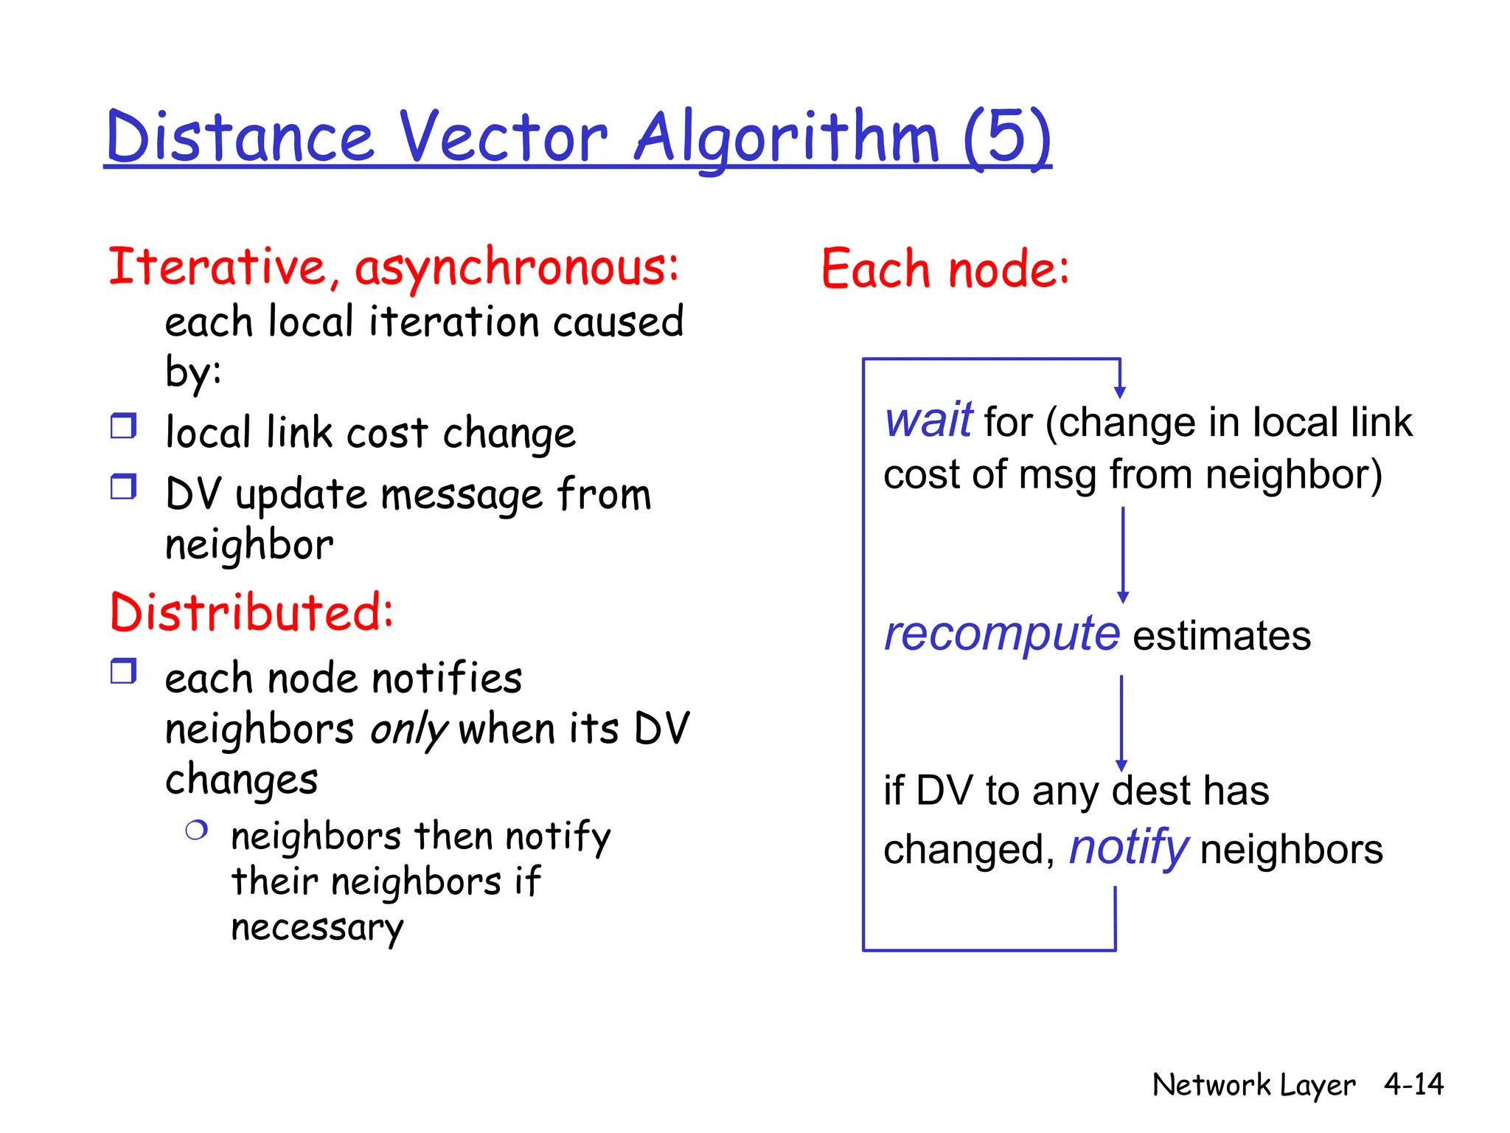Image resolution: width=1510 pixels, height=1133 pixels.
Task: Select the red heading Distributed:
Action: [251, 612]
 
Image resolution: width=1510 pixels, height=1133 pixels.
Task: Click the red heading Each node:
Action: [944, 269]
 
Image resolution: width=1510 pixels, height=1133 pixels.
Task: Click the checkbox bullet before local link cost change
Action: [123, 426]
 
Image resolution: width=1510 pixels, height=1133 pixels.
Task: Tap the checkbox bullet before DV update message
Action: [123, 488]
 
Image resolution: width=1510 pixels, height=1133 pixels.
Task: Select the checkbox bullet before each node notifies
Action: [123, 671]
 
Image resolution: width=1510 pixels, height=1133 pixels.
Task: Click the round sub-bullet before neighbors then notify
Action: [196, 831]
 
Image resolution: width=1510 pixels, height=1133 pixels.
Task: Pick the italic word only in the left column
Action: [408, 730]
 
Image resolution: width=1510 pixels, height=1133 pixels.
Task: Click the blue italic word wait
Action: [928, 420]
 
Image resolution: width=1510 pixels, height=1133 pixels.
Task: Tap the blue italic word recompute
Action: [1001, 634]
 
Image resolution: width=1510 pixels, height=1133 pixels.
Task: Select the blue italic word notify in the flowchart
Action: [1129, 848]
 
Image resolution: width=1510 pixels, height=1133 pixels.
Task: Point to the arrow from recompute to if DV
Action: [1121, 723]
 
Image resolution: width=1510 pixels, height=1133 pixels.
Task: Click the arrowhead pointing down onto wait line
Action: [1120, 392]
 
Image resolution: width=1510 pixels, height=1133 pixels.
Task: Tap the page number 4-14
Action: [1413, 1084]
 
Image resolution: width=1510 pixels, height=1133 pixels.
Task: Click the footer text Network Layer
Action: [1253, 1085]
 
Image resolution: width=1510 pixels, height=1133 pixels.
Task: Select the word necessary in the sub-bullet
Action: [317, 928]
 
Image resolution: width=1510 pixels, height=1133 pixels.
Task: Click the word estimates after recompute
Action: [1222, 636]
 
